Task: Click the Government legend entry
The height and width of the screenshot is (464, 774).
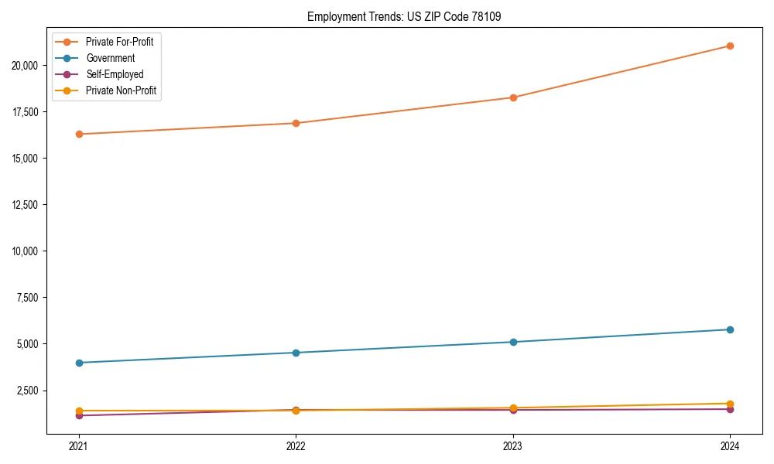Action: tap(110, 58)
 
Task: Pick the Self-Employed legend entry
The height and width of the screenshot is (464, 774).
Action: tap(115, 74)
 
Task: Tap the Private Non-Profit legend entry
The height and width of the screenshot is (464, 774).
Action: tap(121, 90)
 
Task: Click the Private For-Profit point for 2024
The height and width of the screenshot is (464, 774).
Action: tap(730, 46)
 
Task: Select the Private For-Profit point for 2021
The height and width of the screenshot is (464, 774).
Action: tap(79, 135)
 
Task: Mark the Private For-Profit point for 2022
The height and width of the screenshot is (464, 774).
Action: tap(296, 123)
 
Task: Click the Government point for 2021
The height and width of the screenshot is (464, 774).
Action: tap(79, 363)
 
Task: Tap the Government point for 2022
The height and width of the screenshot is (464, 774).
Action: tap(296, 353)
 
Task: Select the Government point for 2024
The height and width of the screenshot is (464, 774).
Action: tap(730, 329)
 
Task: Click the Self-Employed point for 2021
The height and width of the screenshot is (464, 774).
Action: tap(79, 415)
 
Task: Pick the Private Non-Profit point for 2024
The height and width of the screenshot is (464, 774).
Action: tap(730, 404)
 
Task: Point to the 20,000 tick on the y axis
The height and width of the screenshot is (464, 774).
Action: tap(26, 66)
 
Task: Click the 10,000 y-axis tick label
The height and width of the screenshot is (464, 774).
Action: tap(26, 251)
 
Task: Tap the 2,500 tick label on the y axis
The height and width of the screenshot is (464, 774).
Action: tap(29, 391)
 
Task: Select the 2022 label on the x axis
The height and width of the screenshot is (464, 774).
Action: tap(296, 445)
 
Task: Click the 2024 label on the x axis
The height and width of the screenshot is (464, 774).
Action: tap(730, 445)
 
